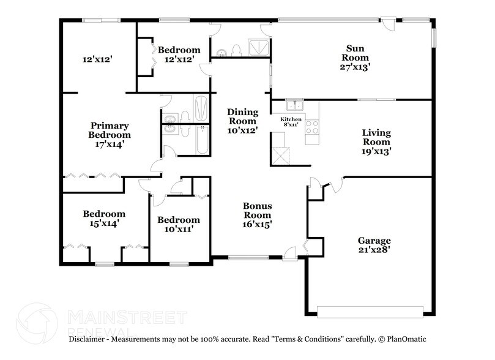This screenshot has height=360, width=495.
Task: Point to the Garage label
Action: point(375,240)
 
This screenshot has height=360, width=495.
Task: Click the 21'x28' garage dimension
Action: point(375,250)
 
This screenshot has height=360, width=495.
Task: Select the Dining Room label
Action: point(242,116)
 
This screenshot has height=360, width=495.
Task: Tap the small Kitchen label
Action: point(291,118)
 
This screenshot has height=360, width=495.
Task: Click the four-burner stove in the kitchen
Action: point(312,127)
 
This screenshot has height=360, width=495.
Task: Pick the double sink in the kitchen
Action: point(294,105)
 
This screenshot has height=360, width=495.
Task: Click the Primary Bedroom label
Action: point(110,129)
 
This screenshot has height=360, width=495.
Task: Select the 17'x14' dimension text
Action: point(110,144)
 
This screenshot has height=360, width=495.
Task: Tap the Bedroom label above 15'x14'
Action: point(104,214)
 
